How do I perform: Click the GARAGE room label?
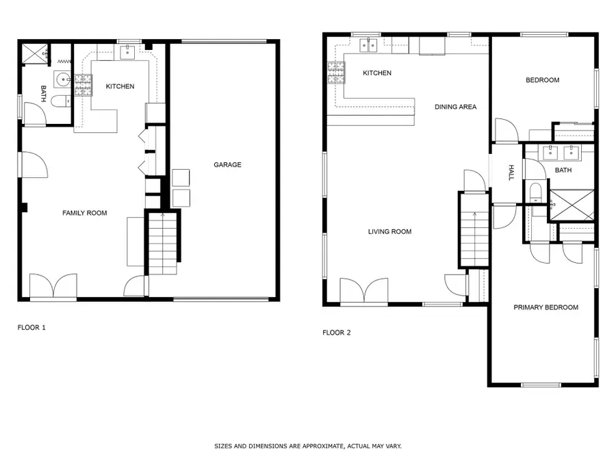click(x=227, y=164)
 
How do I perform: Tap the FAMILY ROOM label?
click(x=84, y=213)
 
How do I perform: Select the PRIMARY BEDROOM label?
click(x=546, y=307)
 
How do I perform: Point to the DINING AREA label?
click(x=455, y=107)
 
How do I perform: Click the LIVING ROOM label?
click(x=389, y=232)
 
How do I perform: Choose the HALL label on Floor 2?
click(x=511, y=173)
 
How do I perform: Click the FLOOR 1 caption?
click(x=31, y=327)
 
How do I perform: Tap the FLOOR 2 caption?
click(x=336, y=333)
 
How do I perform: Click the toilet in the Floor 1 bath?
click(x=60, y=101)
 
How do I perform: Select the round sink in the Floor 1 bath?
click(x=62, y=80)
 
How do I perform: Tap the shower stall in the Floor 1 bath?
click(x=35, y=54)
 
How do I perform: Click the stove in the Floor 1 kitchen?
click(x=84, y=86)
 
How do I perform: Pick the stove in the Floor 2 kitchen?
click(x=336, y=73)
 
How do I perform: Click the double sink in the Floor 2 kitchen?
click(x=368, y=45)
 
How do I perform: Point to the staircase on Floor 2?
click(x=474, y=240)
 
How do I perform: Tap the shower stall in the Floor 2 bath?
click(x=572, y=205)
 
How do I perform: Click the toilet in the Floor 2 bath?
click(x=535, y=192)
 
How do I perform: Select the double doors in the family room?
click(x=53, y=285)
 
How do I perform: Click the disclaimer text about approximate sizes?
click(x=307, y=446)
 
